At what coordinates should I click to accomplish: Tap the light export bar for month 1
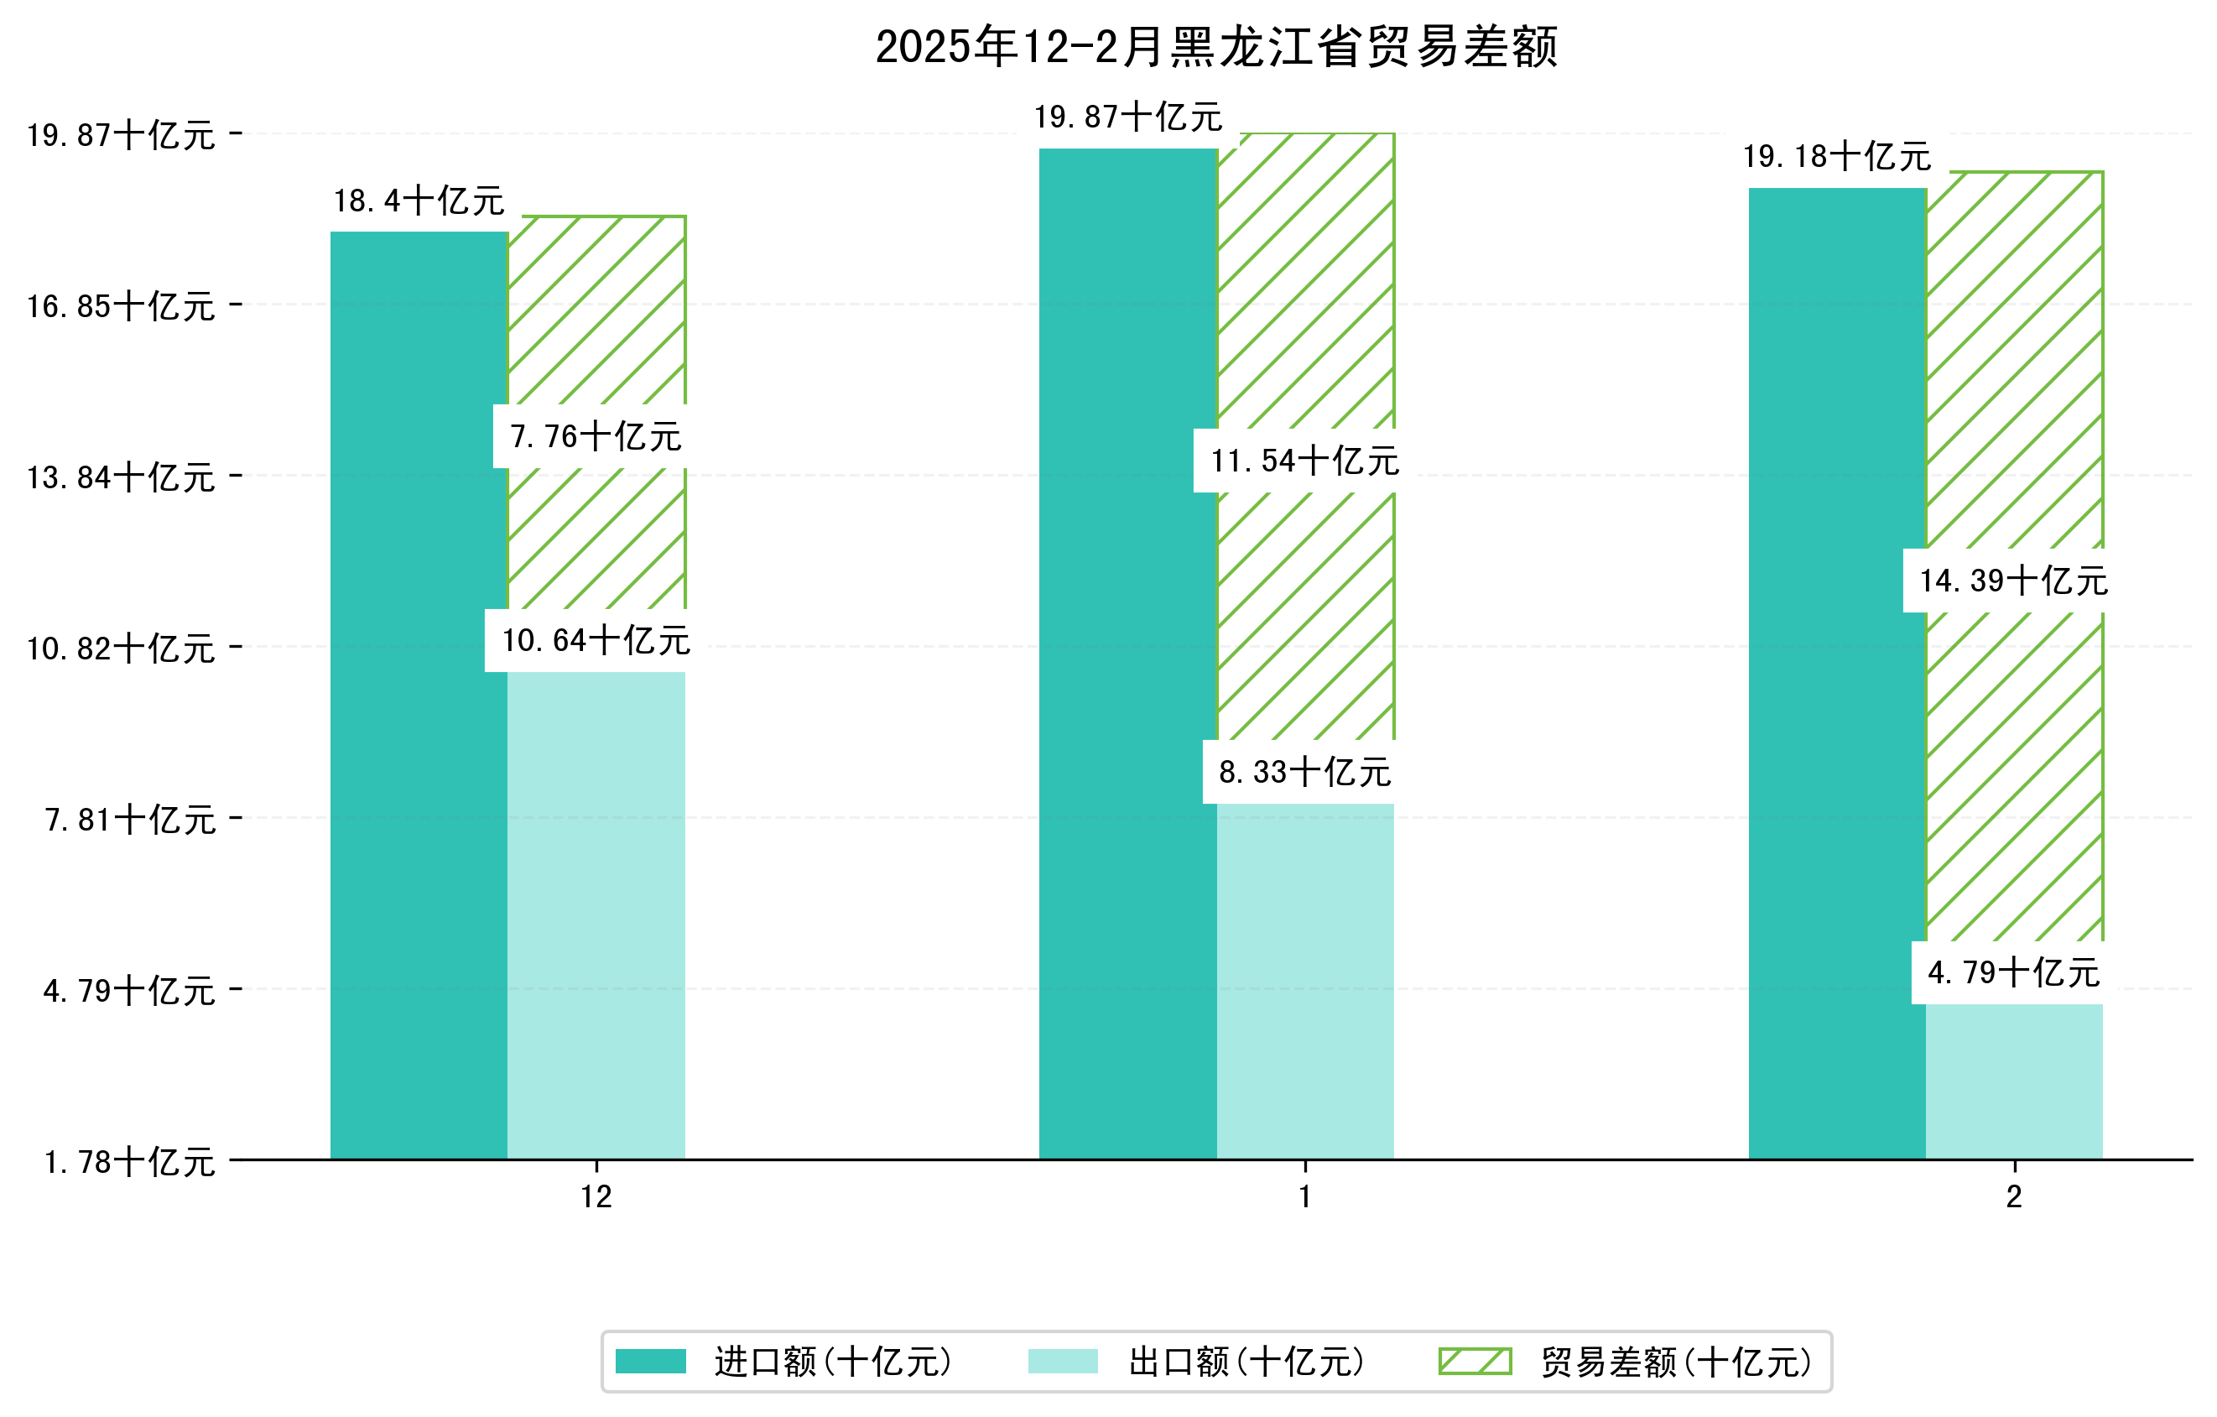click(1304, 981)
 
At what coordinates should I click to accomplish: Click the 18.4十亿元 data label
click(419, 201)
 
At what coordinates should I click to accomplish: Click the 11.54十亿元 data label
click(1304, 461)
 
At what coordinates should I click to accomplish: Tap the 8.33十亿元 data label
click(1304, 772)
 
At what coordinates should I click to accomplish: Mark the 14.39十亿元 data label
click(2013, 580)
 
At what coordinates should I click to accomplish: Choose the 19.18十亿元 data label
click(1837, 157)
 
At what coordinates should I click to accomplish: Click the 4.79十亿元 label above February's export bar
click(2013, 972)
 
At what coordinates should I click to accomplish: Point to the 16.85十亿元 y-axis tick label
click(121, 305)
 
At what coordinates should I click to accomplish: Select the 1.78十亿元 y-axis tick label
click(129, 1162)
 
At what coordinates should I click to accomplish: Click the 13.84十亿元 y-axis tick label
click(121, 477)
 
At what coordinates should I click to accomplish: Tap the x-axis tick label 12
click(596, 1197)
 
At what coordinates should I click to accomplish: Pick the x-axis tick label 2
click(2015, 1197)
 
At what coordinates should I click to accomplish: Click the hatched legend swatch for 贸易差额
click(1475, 1361)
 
